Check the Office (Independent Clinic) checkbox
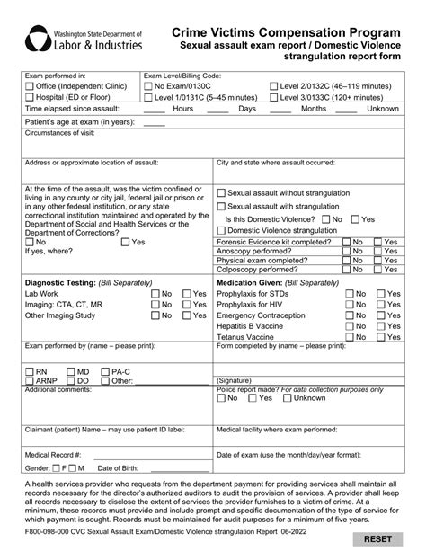click(31, 86)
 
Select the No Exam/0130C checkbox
click(148, 86)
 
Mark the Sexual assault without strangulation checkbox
click(222, 192)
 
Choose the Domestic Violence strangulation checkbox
click(222, 230)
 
